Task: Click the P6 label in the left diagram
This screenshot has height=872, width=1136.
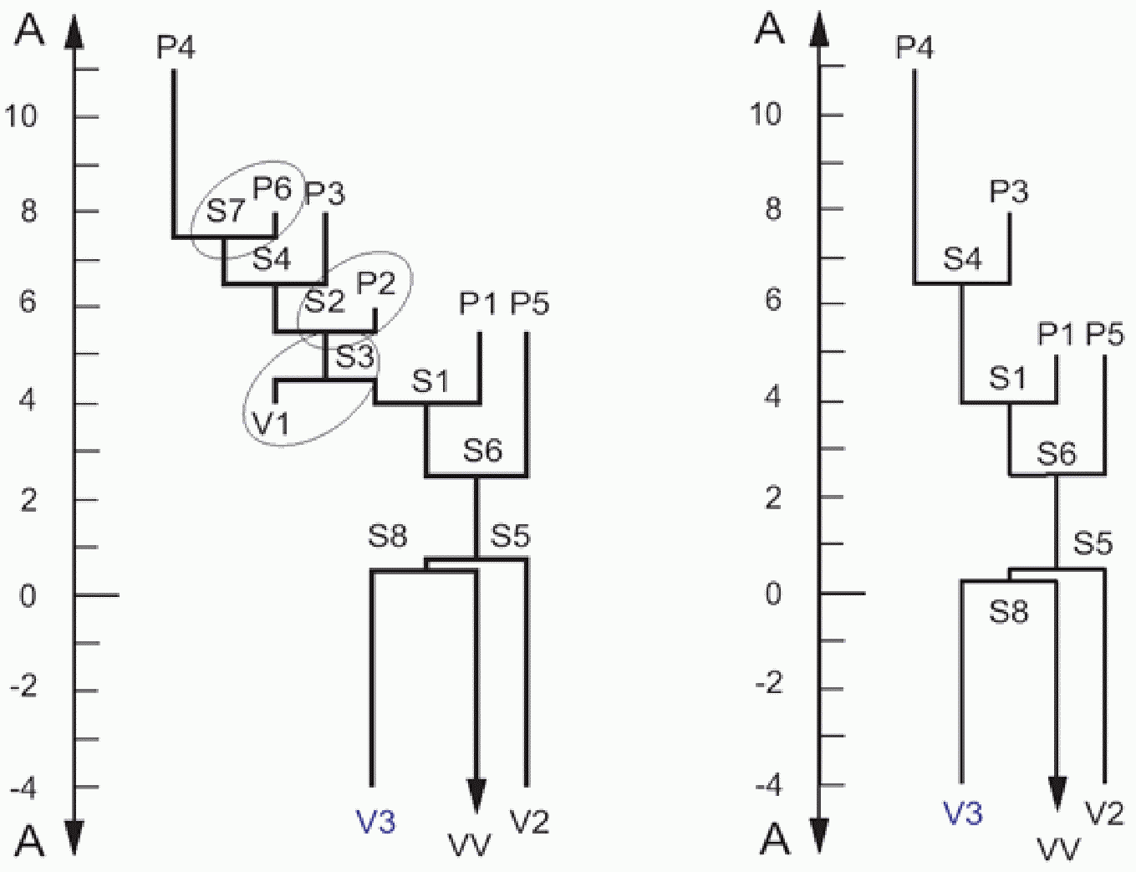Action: click(x=272, y=189)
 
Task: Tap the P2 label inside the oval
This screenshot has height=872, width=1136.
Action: click(x=375, y=284)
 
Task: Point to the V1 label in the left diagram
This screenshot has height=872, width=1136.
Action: click(x=271, y=425)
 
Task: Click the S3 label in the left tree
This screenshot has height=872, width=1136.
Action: click(x=354, y=358)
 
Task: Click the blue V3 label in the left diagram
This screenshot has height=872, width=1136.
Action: click(x=375, y=822)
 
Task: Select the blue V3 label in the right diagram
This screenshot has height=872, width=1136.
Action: click(x=962, y=813)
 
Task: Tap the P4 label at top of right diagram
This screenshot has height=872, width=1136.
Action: click(x=914, y=48)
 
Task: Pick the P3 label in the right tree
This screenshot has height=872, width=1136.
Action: click(x=1009, y=192)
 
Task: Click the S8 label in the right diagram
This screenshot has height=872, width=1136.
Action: click(x=1008, y=613)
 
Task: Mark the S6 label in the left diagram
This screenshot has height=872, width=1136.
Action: click(x=482, y=451)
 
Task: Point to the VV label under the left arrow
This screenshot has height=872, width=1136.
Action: click(x=470, y=846)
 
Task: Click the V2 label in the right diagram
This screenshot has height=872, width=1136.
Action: click(x=1104, y=813)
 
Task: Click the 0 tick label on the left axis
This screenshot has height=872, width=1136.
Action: click(x=28, y=597)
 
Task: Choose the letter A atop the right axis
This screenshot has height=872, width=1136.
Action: click(x=770, y=29)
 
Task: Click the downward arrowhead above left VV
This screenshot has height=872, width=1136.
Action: click(x=476, y=796)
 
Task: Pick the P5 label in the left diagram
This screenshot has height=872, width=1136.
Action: click(x=530, y=303)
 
